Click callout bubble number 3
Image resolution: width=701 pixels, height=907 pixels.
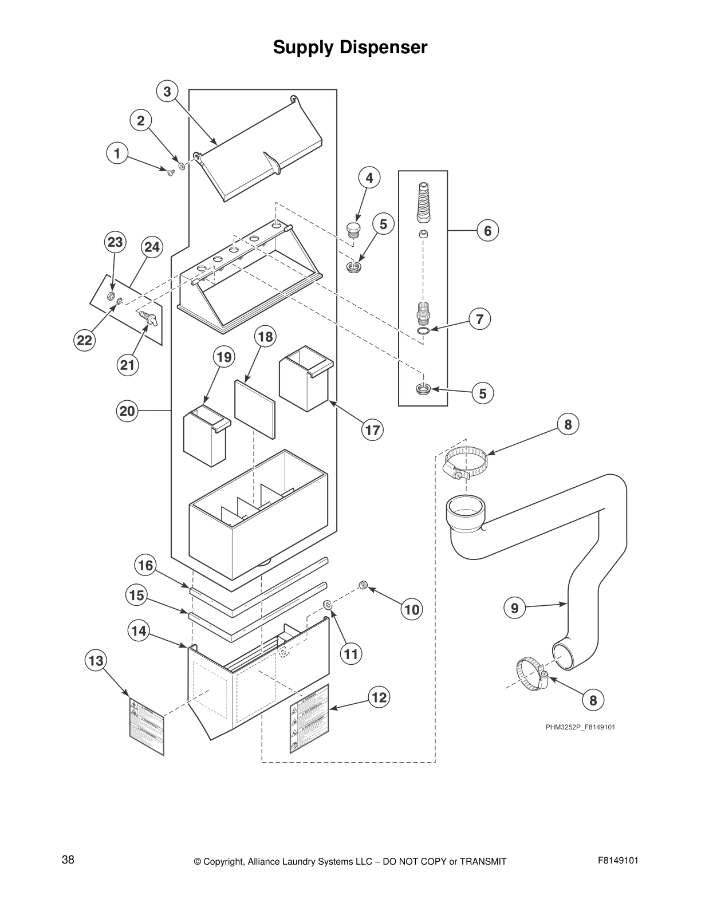coord(167,92)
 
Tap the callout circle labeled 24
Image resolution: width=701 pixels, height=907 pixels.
coord(152,247)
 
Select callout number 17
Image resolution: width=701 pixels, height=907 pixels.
coord(372,429)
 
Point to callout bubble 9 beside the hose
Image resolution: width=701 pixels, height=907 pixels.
coord(515,608)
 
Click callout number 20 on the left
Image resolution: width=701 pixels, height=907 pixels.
coord(127,411)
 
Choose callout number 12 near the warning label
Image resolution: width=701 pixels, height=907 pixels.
coord(379,697)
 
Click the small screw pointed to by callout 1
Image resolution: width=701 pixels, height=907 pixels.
coord(171,172)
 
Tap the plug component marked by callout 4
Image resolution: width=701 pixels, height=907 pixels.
coord(353,230)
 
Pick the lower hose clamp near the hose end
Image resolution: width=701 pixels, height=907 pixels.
coord(533,673)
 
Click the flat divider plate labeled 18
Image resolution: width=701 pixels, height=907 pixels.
coord(254,407)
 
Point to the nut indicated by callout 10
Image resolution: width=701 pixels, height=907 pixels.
coord(363,585)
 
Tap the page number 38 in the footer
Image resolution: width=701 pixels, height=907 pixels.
coord(68,859)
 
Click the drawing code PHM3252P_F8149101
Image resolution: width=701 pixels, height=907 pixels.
coord(580,727)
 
